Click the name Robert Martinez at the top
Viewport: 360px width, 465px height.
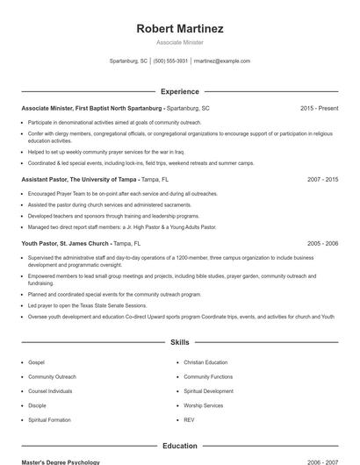(x=180, y=29)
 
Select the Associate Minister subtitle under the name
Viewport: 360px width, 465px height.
(x=180, y=42)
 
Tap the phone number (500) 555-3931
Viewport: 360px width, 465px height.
(x=170, y=61)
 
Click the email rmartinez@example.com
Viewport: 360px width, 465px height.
(x=222, y=61)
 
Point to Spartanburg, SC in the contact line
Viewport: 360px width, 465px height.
(x=128, y=61)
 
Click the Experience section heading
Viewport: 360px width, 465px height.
(x=180, y=91)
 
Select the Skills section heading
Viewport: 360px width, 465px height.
(x=180, y=342)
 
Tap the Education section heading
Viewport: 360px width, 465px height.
(x=180, y=446)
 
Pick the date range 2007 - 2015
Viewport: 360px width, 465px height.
(x=322, y=179)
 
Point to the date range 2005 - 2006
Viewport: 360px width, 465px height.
(x=322, y=243)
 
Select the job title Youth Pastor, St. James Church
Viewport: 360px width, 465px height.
(x=65, y=243)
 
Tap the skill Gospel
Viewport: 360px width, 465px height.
(x=36, y=361)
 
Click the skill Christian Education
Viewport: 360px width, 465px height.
(x=205, y=361)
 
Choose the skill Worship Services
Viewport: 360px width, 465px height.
(x=204, y=405)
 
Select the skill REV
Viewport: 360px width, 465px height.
(x=189, y=420)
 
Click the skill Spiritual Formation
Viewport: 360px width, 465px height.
(x=49, y=420)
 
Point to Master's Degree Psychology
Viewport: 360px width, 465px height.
(x=61, y=461)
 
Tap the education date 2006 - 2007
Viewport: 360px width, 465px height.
(x=322, y=461)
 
